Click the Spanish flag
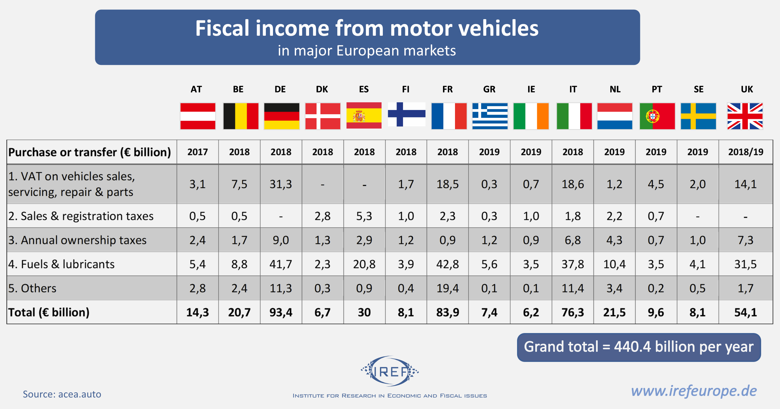click(364, 116)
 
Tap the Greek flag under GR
click(490, 116)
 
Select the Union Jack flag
click(745, 116)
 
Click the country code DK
click(322, 89)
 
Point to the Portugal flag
click(657, 116)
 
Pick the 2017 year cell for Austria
click(198, 152)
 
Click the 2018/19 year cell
click(746, 152)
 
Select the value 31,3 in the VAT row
click(281, 184)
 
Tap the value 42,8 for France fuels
click(448, 264)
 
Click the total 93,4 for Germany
click(281, 312)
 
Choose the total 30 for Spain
click(364, 312)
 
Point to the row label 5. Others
click(32, 288)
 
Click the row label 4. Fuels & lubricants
click(61, 264)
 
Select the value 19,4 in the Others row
click(448, 288)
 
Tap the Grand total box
click(639, 347)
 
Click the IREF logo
click(390, 371)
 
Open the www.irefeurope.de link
click(694, 391)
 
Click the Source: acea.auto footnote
click(62, 394)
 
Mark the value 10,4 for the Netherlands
click(614, 264)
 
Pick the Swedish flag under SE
click(698, 116)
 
